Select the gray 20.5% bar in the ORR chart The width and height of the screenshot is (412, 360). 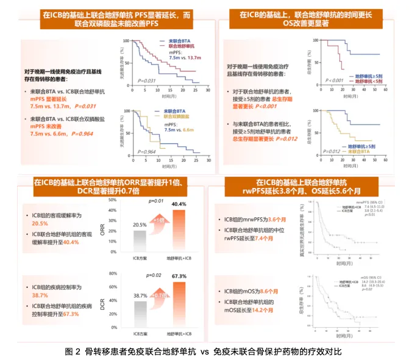[x=140, y=240]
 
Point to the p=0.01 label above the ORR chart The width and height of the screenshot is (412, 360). [x=157, y=201]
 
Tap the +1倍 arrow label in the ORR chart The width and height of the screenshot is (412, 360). [x=160, y=220]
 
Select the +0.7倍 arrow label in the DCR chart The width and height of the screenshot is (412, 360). [x=160, y=295]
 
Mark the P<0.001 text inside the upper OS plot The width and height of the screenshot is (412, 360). [x=334, y=80]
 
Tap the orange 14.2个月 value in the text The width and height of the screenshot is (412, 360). [x=261, y=310]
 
